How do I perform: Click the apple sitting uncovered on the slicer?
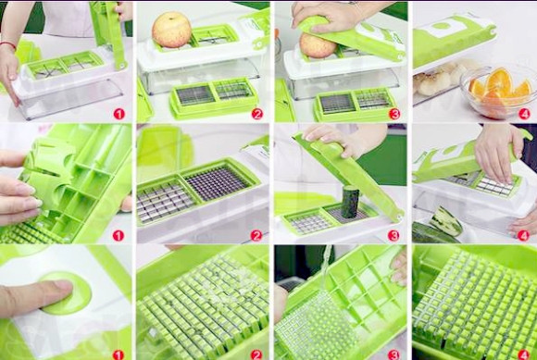(171, 30)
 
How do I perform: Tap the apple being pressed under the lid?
(318, 46)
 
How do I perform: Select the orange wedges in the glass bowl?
(499, 87)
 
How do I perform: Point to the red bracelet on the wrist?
(8, 44)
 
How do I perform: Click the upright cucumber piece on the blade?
(350, 203)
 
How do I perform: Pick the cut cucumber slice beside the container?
(445, 221)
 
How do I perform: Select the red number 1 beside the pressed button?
(119, 355)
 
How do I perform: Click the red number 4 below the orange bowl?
(524, 114)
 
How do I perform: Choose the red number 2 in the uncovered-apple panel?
(256, 114)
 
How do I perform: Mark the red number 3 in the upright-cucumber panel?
(393, 235)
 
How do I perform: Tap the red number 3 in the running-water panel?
(393, 355)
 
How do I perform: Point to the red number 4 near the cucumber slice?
(523, 235)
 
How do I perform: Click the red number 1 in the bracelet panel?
(119, 114)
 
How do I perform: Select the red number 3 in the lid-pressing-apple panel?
(394, 114)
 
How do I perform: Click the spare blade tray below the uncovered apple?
(213, 97)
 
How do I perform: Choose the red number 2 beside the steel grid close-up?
(256, 235)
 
